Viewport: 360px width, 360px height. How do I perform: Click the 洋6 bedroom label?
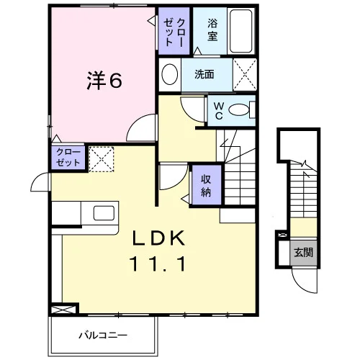(x=104, y=81)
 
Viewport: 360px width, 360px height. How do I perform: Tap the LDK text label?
(x=159, y=238)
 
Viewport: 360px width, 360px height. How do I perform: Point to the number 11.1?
(x=158, y=264)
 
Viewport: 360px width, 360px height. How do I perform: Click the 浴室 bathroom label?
(x=212, y=30)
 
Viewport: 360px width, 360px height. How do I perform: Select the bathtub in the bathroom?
(x=241, y=31)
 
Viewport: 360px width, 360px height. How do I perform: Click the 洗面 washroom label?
(x=204, y=74)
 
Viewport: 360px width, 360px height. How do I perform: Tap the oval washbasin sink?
(x=170, y=74)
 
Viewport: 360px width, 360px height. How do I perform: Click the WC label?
(x=219, y=111)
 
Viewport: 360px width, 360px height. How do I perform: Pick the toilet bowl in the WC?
(x=239, y=110)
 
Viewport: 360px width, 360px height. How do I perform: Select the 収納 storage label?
(x=206, y=185)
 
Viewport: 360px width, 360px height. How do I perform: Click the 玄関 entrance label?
(x=304, y=252)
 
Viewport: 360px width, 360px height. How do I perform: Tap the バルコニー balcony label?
(x=103, y=336)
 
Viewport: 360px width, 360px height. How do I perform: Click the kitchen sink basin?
(x=104, y=213)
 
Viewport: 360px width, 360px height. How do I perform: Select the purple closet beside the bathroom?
(x=174, y=31)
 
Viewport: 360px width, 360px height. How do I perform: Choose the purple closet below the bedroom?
(x=68, y=158)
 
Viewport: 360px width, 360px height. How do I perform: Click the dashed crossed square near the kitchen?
(x=102, y=159)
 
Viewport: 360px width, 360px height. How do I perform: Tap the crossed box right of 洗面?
(x=245, y=75)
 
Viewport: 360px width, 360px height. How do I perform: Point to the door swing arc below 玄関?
(x=301, y=284)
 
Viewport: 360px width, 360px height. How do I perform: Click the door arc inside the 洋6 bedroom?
(x=136, y=122)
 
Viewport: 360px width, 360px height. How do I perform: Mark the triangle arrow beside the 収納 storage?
(x=185, y=199)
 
